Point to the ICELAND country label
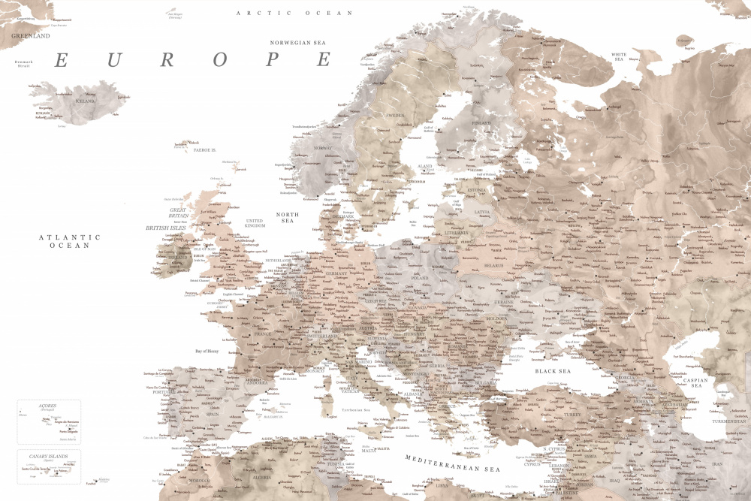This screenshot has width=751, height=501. click(84, 101)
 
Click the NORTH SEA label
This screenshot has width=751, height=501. click(287, 219)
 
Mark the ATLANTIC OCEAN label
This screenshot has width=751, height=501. click(70, 241)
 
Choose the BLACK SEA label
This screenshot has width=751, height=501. click(553, 371)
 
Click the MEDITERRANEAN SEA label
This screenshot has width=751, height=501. click(452, 463)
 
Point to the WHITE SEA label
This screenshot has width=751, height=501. click(619, 58)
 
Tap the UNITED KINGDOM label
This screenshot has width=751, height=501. click(255, 223)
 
